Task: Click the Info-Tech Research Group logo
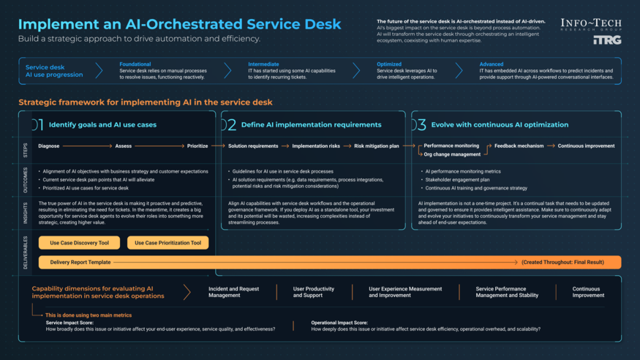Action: pos(591,25)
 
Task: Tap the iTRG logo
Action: pos(607,40)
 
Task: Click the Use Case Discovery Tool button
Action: pos(80,243)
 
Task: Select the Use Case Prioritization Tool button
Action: pos(168,243)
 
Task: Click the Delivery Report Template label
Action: pos(80,262)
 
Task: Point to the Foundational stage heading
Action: pos(135,64)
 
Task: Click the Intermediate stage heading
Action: pos(263,64)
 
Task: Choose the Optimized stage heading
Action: pos(389,64)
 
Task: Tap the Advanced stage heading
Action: pos(492,64)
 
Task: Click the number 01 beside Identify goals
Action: pos(37,125)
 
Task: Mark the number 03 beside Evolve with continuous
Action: pos(419,125)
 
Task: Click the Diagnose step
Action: pos(49,146)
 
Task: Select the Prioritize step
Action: pos(197,146)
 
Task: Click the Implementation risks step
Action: pos(316,146)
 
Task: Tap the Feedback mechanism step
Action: pos(519,146)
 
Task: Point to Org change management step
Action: pos(452,154)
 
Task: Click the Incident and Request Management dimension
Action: pos(233,292)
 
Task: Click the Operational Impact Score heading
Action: pos(339,323)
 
